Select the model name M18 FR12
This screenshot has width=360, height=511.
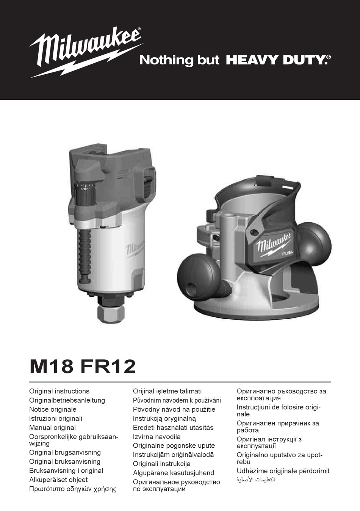point(83,366)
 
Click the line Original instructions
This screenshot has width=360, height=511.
point(59,391)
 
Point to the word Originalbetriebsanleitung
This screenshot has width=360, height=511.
point(67,400)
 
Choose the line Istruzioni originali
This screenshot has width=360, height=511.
point(56,419)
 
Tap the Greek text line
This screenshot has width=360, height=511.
point(73,489)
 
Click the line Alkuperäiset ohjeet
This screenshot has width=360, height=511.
point(58,480)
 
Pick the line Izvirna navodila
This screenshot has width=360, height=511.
point(157,437)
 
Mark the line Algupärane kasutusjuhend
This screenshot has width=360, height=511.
point(173,473)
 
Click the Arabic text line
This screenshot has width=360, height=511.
point(256,480)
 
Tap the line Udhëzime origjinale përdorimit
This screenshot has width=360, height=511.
point(283,471)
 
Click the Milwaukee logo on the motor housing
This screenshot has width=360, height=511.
point(135,248)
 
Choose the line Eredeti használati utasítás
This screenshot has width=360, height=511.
point(173,428)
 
